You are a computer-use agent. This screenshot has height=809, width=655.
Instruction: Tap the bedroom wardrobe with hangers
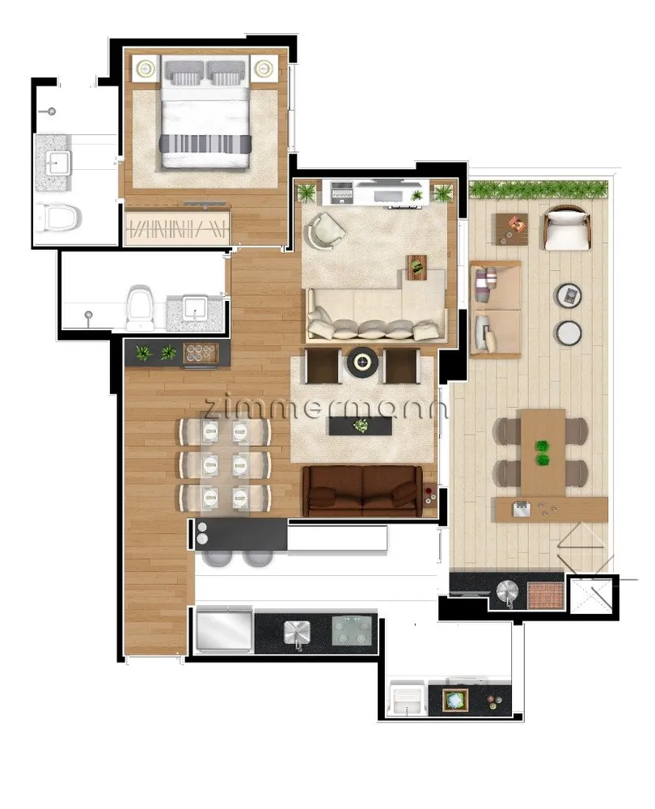[x=177, y=225]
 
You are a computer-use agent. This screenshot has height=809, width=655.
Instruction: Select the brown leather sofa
[x=362, y=491]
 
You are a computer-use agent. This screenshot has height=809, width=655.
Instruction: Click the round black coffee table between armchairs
[x=362, y=362]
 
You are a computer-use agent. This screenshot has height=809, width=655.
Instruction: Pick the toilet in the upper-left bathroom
[x=59, y=217]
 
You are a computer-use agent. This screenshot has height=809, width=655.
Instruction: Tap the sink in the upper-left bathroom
[x=53, y=162]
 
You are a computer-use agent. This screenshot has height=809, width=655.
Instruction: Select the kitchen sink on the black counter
[x=297, y=633]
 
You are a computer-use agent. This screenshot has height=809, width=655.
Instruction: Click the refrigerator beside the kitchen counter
[x=224, y=630]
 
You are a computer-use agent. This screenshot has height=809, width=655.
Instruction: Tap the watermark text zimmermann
[x=325, y=408]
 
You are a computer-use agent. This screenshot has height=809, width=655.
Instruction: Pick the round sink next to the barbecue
[x=508, y=591]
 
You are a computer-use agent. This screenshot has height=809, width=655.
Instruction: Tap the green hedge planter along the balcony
[x=539, y=188]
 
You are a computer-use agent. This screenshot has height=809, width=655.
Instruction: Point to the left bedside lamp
[x=146, y=68]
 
